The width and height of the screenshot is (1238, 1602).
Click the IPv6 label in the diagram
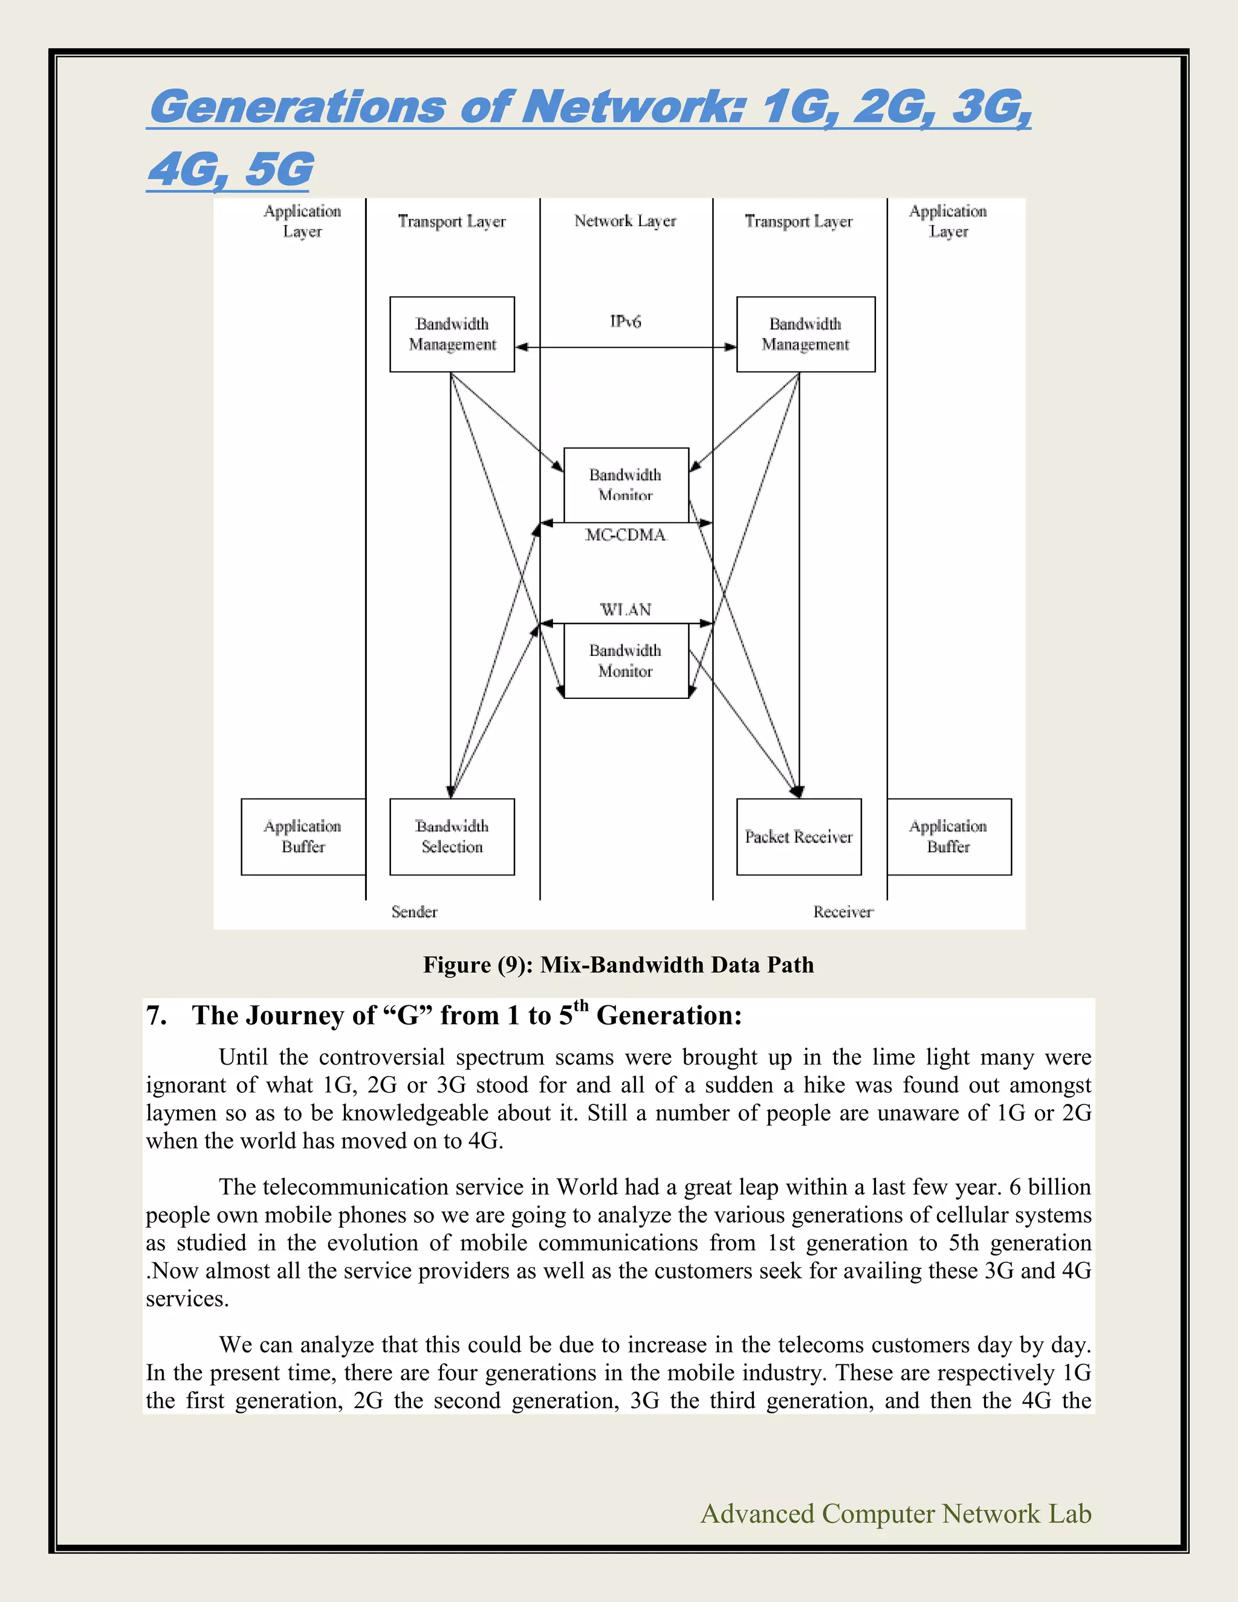click(625, 321)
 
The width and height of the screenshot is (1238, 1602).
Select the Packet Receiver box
click(799, 837)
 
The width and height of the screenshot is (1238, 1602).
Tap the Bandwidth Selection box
click(452, 837)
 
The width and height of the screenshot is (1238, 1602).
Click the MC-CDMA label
click(626, 536)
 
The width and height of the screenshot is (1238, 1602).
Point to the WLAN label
click(626, 609)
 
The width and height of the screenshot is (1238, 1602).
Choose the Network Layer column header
click(625, 221)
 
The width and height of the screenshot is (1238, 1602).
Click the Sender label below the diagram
click(414, 912)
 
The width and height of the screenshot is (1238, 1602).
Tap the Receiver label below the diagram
click(843, 912)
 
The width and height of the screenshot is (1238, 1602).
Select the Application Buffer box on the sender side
click(303, 837)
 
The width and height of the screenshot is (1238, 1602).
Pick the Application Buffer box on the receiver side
click(949, 837)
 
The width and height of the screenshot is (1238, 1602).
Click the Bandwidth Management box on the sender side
click(452, 334)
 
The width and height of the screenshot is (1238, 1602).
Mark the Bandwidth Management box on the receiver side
click(805, 334)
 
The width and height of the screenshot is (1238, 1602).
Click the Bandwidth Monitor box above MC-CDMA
click(626, 485)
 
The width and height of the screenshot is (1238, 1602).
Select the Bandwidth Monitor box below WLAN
click(626, 661)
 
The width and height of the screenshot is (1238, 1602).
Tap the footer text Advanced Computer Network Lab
click(895, 1513)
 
